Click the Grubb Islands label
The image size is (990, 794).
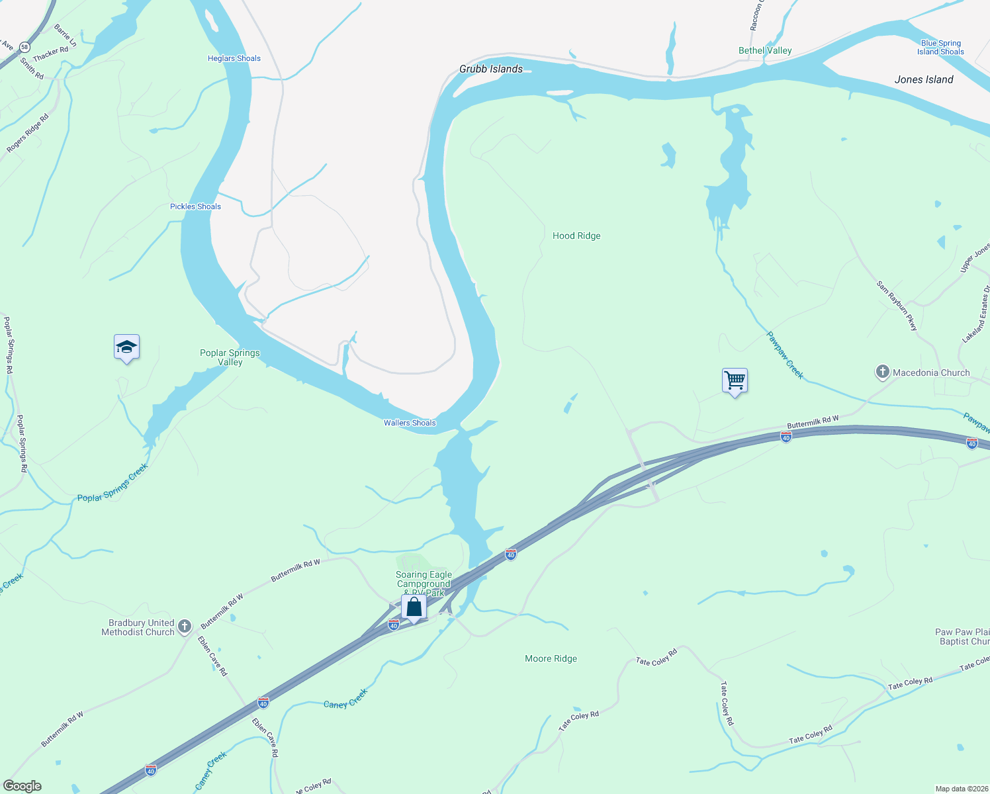pyautogui.click(x=491, y=69)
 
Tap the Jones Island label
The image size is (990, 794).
pyautogui.click(x=924, y=79)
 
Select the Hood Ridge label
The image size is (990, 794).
pyautogui.click(x=576, y=236)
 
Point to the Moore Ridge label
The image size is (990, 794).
pyautogui.click(x=551, y=658)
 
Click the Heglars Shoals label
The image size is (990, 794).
pyautogui.click(x=234, y=58)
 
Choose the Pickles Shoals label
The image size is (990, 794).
pyautogui.click(x=195, y=206)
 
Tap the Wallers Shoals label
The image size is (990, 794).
pyautogui.click(x=410, y=423)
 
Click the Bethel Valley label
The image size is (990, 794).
pyautogui.click(x=765, y=50)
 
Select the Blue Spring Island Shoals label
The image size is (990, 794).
pyautogui.click(x=940, y=47)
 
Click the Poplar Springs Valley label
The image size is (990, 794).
pyautogui.click(x=230, y=357)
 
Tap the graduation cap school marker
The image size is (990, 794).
pyautogui.click(x=126, y=347)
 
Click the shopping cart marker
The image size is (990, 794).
pyautogui.click(x=735, y=380)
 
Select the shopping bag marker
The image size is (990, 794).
pyautogui.click(x=414, y=607)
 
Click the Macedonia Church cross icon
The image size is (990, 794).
pyautogui.click(x=882, y=372)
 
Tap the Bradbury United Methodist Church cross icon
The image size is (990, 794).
pyautogui.click(x=185, y=626)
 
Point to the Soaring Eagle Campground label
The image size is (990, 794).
pyautogui.click(x=424, y=580)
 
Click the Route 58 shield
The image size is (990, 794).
pyautogui.click(x=24, y=47)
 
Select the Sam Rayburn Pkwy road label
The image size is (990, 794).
pyautogui.click(x=897, y=305)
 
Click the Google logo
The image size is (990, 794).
pyautogui.click(x=22, y=786)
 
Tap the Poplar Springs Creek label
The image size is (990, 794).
pyautogui.click(x=112, y=483)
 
